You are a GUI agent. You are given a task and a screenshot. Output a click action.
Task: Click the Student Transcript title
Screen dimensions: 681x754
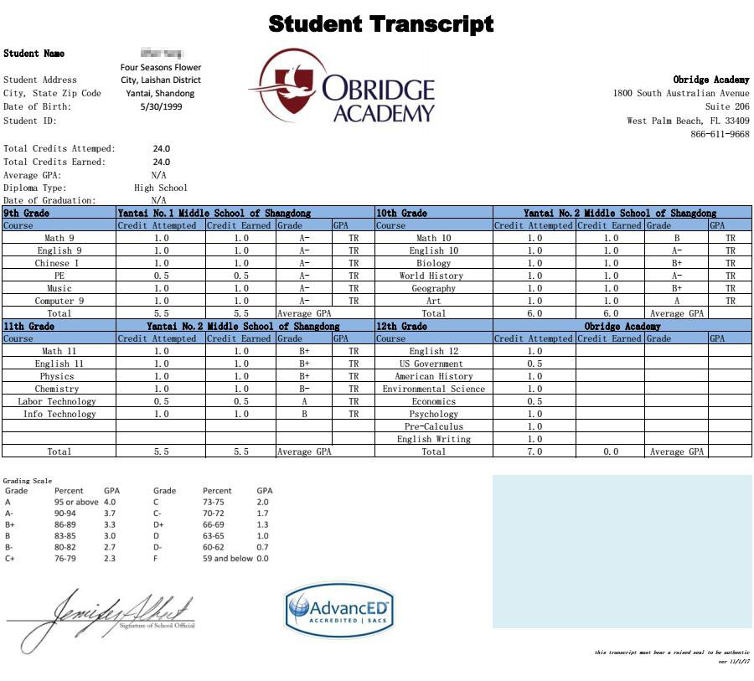click(381, 23)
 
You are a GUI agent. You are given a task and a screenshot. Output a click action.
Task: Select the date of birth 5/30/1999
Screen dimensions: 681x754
click(161, 106)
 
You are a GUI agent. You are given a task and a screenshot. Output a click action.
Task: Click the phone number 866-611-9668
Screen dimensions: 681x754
click(720, 134)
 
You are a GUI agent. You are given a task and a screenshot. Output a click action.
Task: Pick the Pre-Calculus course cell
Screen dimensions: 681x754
click(433, 426)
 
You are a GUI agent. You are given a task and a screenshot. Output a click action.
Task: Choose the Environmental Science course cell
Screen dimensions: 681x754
click(433, 389)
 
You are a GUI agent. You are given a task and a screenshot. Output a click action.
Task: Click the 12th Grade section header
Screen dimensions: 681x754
click(402, 326)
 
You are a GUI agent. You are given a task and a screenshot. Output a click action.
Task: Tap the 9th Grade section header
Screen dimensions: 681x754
click(27, 213)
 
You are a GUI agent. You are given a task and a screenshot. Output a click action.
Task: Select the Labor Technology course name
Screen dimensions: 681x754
click(57, 401)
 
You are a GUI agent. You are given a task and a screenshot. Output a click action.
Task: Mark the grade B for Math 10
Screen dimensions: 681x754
click(676, 238)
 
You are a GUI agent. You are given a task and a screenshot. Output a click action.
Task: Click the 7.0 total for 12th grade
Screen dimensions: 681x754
click(534, 451)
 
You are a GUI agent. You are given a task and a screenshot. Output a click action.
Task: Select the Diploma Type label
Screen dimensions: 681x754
click(35, 188)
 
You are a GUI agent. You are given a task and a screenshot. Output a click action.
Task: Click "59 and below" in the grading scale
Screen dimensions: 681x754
click(228, 558)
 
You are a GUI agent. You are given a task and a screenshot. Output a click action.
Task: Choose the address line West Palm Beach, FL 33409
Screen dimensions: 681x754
click(688, 121)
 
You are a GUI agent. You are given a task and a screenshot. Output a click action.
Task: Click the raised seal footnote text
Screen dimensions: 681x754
click(672, 652)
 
